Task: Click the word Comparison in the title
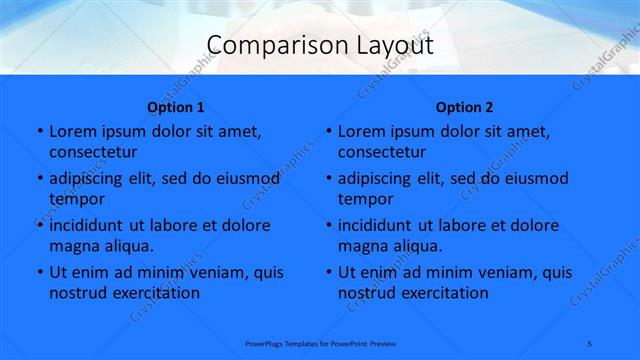[265, 46]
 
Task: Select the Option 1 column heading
[176, 108]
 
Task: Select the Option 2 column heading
[464, 108]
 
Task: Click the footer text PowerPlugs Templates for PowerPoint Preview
[320, 342]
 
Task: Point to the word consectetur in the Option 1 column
[93, 152]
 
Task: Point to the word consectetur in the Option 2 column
[382, 152]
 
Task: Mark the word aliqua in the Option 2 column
[412, 246]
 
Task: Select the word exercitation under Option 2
[442, 293]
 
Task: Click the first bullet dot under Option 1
[39, 132]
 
